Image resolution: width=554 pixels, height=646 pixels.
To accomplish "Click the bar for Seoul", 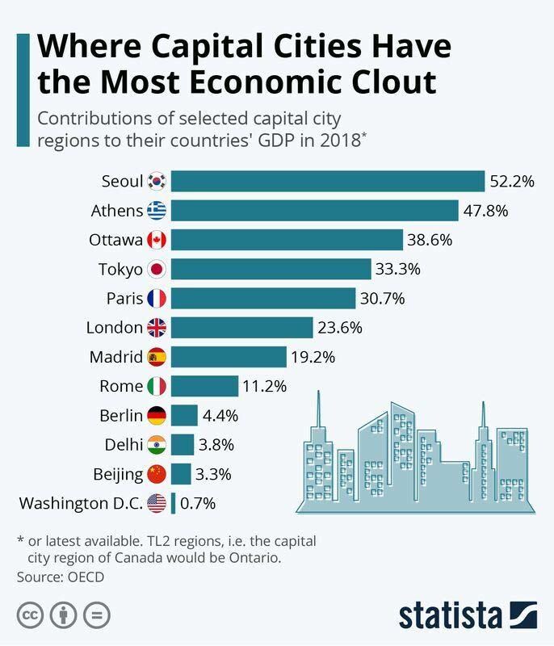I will pos(327,182).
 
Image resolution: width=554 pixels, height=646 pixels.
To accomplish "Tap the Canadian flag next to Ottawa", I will pos(157,240).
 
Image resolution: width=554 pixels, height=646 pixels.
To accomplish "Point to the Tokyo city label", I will pos(121,269).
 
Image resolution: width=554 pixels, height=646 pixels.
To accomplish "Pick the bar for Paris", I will pos(263,298).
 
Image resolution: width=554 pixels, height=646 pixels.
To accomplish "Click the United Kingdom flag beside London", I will pos(157,327).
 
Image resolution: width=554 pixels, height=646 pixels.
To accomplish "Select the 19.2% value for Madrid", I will pos(313,356).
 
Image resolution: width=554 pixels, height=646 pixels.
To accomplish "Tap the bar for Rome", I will pos(204,386).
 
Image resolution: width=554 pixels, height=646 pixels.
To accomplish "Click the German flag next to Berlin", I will pos(157,415).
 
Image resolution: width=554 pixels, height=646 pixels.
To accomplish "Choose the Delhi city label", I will pos(124,444).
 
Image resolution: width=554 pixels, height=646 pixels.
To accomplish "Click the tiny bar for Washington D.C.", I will pos(173,503).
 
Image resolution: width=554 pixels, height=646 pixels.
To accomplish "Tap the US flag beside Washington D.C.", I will pos(157,503).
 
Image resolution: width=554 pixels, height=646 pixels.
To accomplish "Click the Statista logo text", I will pos(451,616).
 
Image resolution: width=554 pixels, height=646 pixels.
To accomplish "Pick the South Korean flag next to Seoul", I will pos(157,182).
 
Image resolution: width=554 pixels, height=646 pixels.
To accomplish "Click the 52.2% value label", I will pos(511,182).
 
